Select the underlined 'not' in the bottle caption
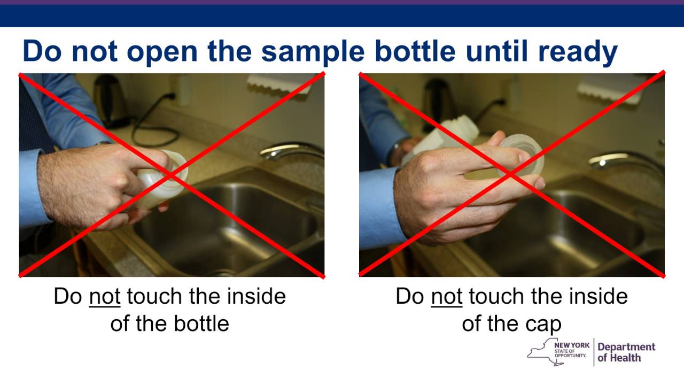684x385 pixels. point(105,297)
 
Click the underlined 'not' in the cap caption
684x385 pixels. point(446,297)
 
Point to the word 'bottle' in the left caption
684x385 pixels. point(199,324)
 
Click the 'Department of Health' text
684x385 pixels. point(626,352)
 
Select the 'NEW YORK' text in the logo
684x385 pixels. point(572,345)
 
